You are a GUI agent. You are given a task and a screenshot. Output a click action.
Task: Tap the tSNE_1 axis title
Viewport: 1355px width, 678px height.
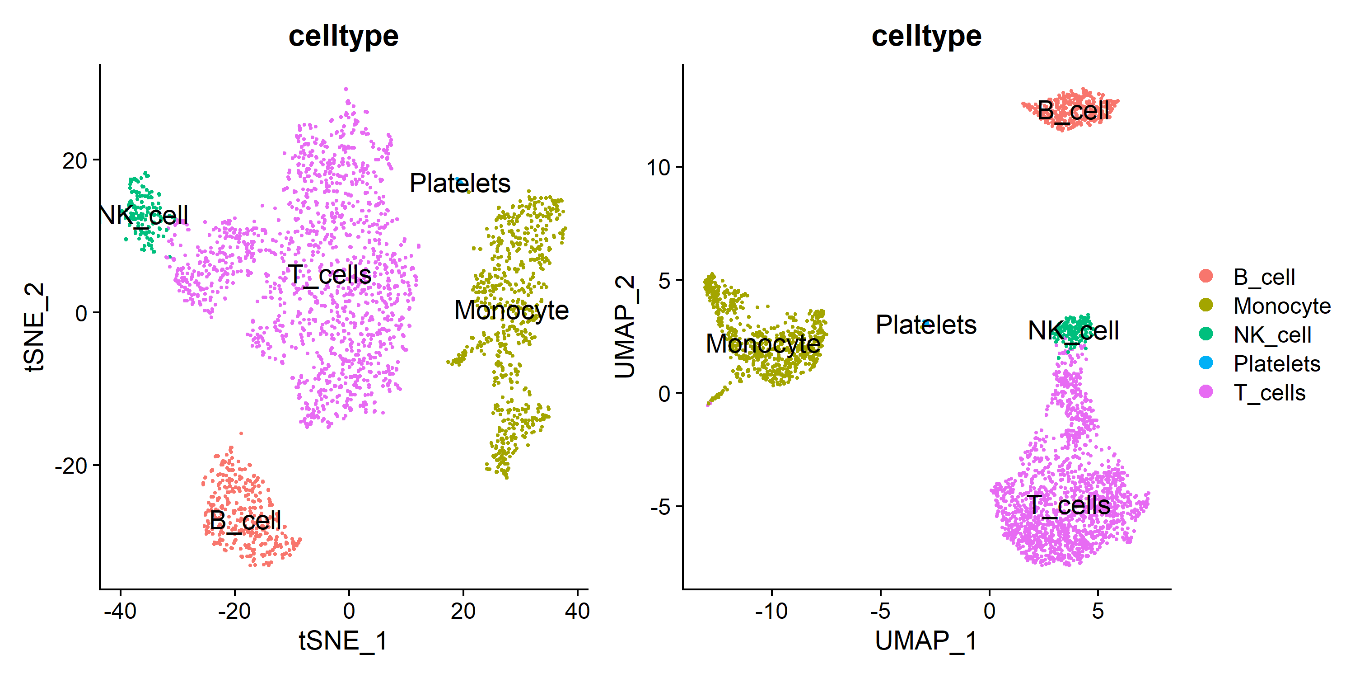[x=343, y=640]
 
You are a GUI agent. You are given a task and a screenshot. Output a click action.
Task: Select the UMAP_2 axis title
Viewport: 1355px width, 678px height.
[x=626, y=327]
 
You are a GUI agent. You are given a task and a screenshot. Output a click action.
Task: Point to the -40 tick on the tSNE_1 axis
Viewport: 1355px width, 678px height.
[x=121, y=611]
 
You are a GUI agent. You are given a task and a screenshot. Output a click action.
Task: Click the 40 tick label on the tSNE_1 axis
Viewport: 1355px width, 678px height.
[x=577, y=611]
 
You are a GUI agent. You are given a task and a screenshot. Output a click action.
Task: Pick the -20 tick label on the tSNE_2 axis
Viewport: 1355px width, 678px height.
[x=71, y=466]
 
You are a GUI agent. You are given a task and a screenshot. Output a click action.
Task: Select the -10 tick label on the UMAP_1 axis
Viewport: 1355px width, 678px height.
[x=771, y=611]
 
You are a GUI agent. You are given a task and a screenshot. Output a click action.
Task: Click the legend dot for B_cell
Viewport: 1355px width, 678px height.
[x=1205, y=276]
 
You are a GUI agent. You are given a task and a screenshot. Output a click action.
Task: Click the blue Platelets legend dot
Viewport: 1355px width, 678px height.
[x=1205, y=363]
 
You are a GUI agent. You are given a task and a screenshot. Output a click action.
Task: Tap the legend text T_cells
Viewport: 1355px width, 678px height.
[x=1269, y=393]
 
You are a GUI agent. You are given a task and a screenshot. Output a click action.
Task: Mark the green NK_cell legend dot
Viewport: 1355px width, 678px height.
[x=1205, y=334]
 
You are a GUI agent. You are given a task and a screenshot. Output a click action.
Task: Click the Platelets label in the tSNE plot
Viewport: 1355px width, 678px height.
[x=460, y=183]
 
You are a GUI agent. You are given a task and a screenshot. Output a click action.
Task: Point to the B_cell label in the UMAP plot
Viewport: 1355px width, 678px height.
[x=1073, y=111]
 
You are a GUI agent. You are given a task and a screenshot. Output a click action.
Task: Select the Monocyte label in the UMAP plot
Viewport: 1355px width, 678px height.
[x=763, y=343]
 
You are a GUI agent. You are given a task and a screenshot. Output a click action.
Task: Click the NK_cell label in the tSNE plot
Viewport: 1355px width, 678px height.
[x=143, y=215]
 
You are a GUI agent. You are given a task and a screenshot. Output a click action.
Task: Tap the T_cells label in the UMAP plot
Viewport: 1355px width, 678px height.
[x=1068, y=505]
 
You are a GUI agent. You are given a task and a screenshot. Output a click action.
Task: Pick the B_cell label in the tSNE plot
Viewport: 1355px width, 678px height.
[x=245, y=521]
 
